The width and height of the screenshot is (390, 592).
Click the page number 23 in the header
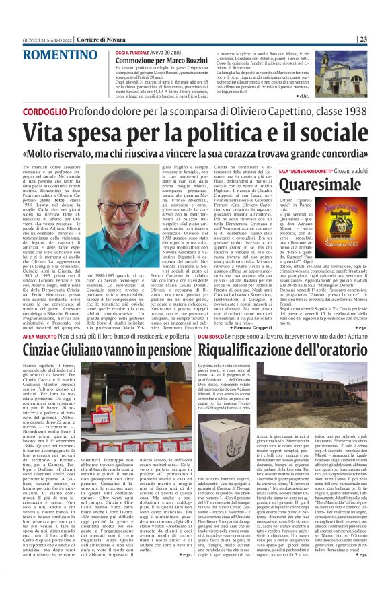click(381, 40)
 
